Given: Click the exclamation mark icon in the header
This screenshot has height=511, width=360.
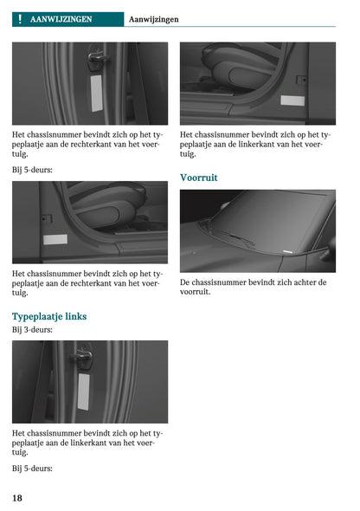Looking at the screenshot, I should [x=19, y=19].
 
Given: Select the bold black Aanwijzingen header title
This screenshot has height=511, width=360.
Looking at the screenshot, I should [x=153, y=19].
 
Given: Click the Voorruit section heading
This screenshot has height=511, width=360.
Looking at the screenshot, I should [x=198, y=178].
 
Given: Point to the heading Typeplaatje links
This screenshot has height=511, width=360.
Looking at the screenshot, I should [x=49, y=316].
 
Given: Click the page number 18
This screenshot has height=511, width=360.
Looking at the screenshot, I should [x=17, y=498].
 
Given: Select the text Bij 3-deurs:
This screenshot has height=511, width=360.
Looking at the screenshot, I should [x=32, y=330].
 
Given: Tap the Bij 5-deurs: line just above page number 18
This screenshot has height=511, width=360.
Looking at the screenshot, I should [x=32, y=469].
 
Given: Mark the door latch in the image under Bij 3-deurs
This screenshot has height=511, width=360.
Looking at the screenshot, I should [x=84, y=356].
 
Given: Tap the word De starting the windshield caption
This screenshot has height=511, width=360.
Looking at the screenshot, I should [x=185, y=282].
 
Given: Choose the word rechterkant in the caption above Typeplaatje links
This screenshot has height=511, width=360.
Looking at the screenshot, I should [x=95, y=283].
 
